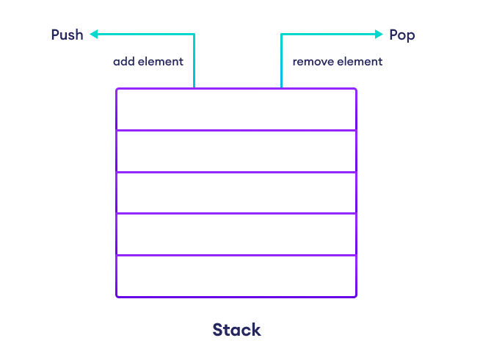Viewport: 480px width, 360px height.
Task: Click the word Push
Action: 67,35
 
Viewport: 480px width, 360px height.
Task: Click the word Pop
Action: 402,35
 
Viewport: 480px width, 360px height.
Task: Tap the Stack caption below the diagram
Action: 236,330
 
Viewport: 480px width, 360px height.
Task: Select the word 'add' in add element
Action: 123,62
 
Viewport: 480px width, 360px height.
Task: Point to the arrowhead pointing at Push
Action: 94,34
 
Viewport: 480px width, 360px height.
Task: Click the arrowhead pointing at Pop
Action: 379,34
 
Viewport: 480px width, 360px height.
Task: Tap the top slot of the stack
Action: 236,109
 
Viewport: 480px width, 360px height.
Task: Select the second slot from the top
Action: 236,151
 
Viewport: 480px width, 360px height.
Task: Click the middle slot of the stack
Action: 236,192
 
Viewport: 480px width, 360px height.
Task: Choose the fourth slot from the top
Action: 236,234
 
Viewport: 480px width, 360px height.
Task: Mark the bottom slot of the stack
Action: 236,276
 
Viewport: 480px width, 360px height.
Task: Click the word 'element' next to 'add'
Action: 159,62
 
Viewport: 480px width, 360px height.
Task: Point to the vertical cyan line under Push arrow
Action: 194,62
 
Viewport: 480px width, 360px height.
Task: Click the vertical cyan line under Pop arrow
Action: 281,62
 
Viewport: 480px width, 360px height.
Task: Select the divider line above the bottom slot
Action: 236,255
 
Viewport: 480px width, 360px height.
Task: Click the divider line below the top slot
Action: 236,130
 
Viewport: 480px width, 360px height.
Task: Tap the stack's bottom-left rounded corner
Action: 117,295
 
